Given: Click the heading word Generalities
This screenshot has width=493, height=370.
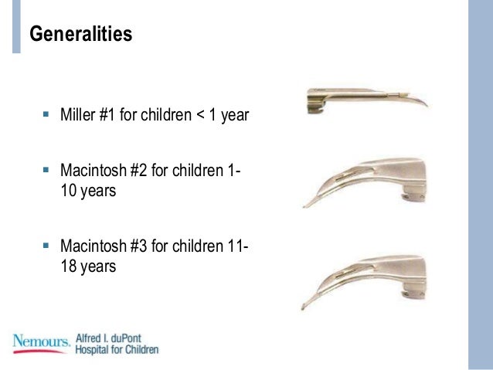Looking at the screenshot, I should pos(80,35).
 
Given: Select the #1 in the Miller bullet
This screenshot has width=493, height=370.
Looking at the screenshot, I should pos(110,117).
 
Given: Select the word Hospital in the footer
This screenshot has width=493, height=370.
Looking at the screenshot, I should pos(93,349).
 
